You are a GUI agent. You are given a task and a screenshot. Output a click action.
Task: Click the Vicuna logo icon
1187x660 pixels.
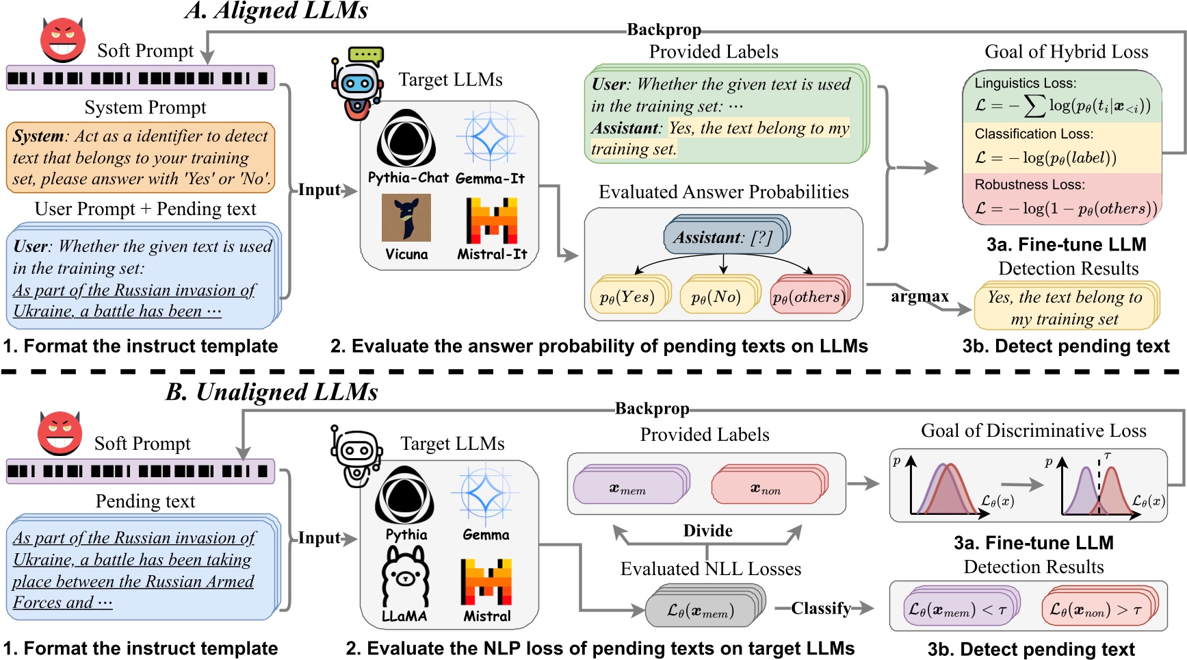[406, 218]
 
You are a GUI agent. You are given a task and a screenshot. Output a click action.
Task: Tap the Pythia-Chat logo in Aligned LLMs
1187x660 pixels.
[406, 139]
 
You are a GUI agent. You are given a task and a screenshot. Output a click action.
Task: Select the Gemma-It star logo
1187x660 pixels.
[490, 138]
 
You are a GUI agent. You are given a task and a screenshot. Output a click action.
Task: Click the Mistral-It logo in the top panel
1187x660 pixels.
[491, 220]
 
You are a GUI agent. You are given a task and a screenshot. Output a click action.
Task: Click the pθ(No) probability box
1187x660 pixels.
[716, 297]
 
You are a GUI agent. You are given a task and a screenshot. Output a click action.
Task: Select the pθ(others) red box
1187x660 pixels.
[807, 297]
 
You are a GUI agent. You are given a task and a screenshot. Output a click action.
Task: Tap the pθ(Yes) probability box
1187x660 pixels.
[627, 297]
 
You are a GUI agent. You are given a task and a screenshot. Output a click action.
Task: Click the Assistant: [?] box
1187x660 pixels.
[723, 238]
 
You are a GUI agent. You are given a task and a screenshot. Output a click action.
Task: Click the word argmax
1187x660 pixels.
[919, 296]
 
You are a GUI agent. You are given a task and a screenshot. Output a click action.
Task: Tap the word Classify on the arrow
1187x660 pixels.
[820, 608]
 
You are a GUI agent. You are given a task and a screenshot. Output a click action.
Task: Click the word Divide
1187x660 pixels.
[707, 531]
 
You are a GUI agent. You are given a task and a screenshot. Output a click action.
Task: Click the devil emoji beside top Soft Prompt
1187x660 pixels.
[62, 40]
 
